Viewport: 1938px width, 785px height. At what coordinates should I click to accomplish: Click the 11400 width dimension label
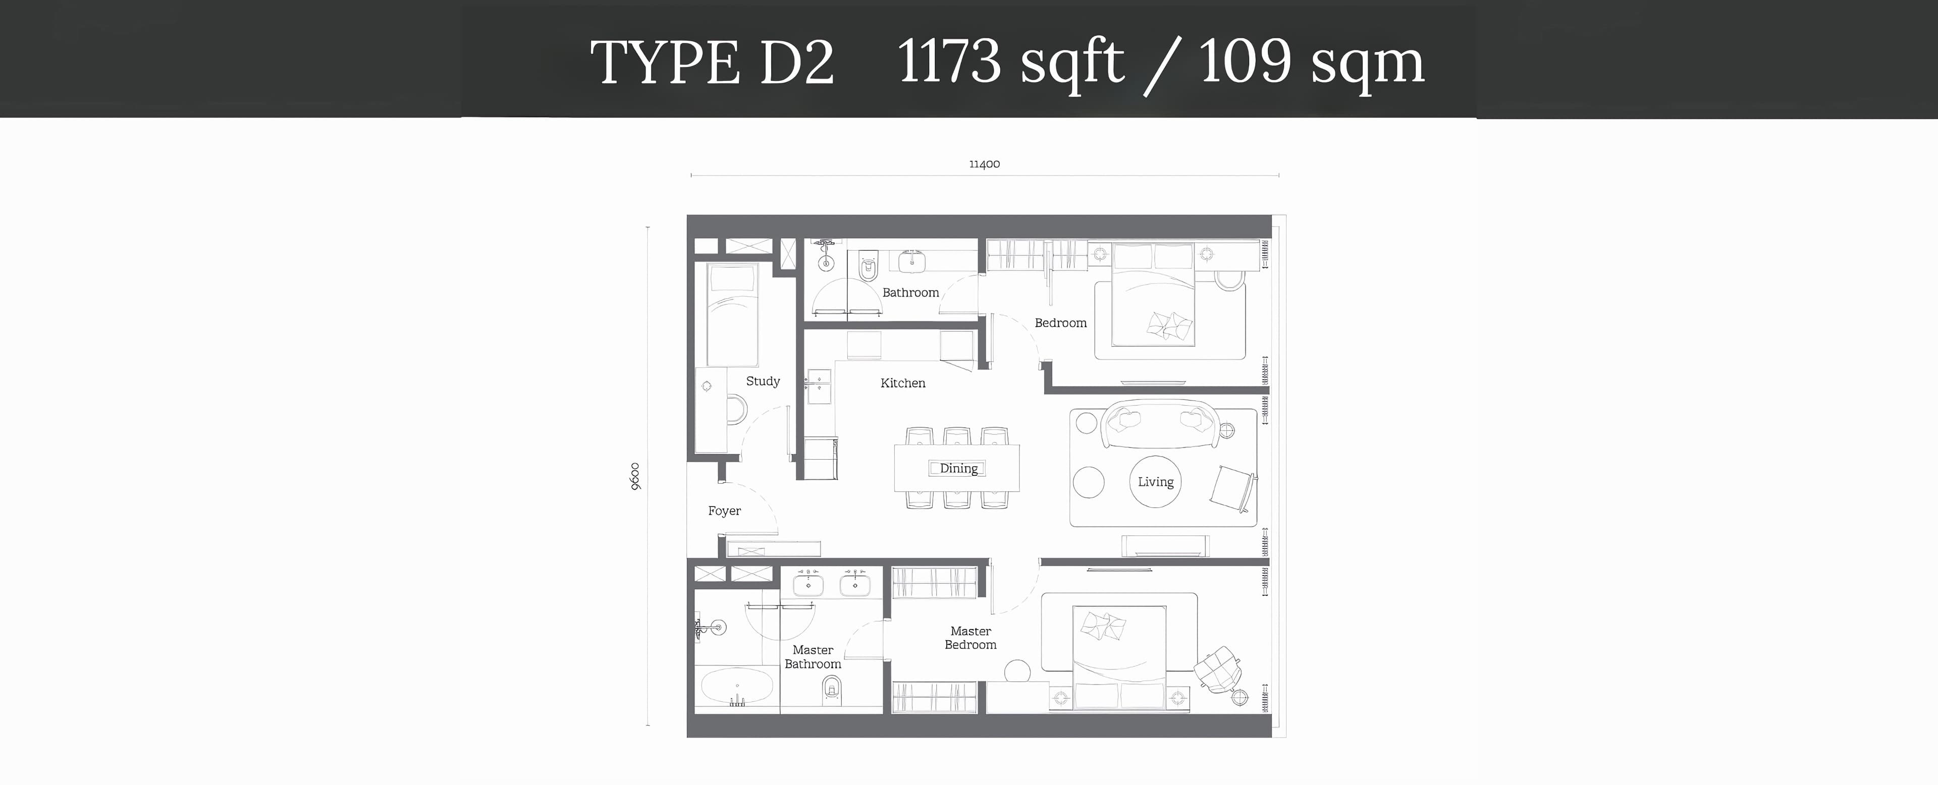tap(984, 164)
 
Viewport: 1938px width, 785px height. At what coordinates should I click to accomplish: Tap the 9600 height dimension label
tap(635, 477)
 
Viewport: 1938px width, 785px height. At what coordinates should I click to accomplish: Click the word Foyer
tap(725, 511)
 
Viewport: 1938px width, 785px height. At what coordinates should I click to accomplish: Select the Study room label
tap(763, 381)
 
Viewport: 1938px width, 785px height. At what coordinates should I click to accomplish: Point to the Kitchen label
tap(903, 383)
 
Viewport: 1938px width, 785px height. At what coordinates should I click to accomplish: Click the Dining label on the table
tap(958, 469)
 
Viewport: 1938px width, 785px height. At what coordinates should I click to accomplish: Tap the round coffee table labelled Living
tap(1155, 481)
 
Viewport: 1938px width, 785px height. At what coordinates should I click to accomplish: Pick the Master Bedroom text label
tap(971, 638)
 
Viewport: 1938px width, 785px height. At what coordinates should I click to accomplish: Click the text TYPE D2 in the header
tap(712, 62)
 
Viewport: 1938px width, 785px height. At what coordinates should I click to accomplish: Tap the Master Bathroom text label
tap(813, 656)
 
